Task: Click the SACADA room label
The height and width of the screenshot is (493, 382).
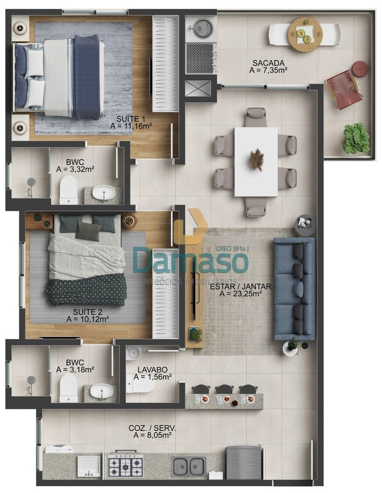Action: coord(268,63)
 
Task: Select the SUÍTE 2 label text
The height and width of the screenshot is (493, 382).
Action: coord(87,311)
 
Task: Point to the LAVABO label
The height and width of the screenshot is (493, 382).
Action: coord(153,369)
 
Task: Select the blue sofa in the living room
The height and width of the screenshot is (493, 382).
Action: coord(294,288)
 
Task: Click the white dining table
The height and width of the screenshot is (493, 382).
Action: coord(255,161)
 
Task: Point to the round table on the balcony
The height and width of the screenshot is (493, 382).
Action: coord(304,34)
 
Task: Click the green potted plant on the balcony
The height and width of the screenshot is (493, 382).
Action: coord(356,138)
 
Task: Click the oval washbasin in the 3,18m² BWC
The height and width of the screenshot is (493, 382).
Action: coord(102,391)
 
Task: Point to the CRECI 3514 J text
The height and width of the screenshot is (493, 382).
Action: coord(233,249)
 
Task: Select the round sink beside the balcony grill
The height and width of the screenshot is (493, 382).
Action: coord(201,28)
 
